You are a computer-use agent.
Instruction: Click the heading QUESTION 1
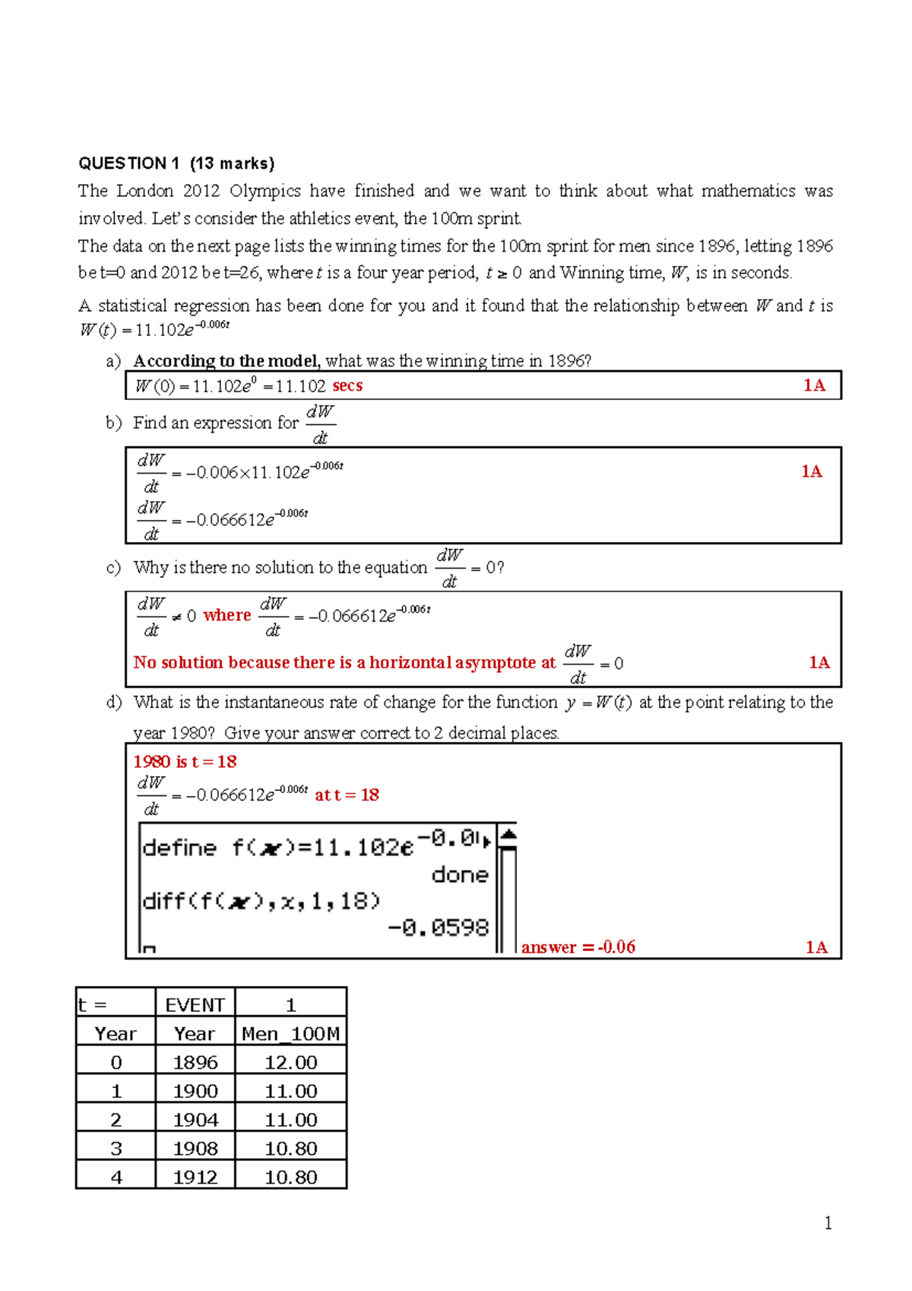coord(129,163)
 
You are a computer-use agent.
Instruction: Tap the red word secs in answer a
coord(347,385)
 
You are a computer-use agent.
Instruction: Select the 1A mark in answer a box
coord(814,385)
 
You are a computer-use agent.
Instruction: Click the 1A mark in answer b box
coord(812,471)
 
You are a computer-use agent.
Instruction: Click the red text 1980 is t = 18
coord(185,762)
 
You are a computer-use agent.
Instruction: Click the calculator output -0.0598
coord(439,928)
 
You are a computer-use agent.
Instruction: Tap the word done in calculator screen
coord(460,875)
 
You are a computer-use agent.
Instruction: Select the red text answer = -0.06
coord(578,947)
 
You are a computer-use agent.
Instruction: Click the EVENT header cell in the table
coord(195,1005)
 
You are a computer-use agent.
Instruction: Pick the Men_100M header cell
coord(290,1034)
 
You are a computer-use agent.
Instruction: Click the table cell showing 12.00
coord(290,1063)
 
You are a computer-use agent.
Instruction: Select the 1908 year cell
coord(195,1149)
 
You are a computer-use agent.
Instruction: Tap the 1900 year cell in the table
coord(195,1092)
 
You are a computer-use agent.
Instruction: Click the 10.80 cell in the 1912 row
coord(290,1178)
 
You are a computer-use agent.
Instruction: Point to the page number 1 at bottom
coord(828,1223)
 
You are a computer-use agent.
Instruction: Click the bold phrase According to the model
coord(226,361)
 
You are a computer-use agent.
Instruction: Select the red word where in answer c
coord(226,615)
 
